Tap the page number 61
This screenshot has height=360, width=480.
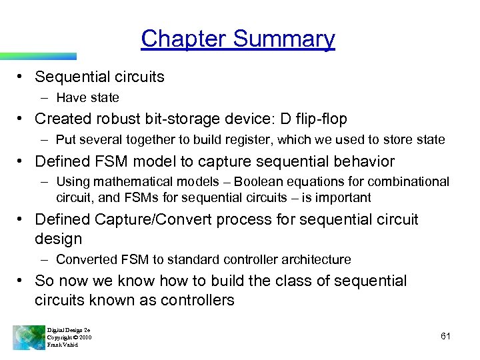pyautogui.click(x=445, y=337)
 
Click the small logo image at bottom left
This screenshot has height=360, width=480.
pyautogui.click(x=28, y=337)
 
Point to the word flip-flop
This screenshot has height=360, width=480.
pyautogui.click(x=315, y=119)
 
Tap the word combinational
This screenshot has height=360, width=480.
pyautogui.click(x=407, y=181)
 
